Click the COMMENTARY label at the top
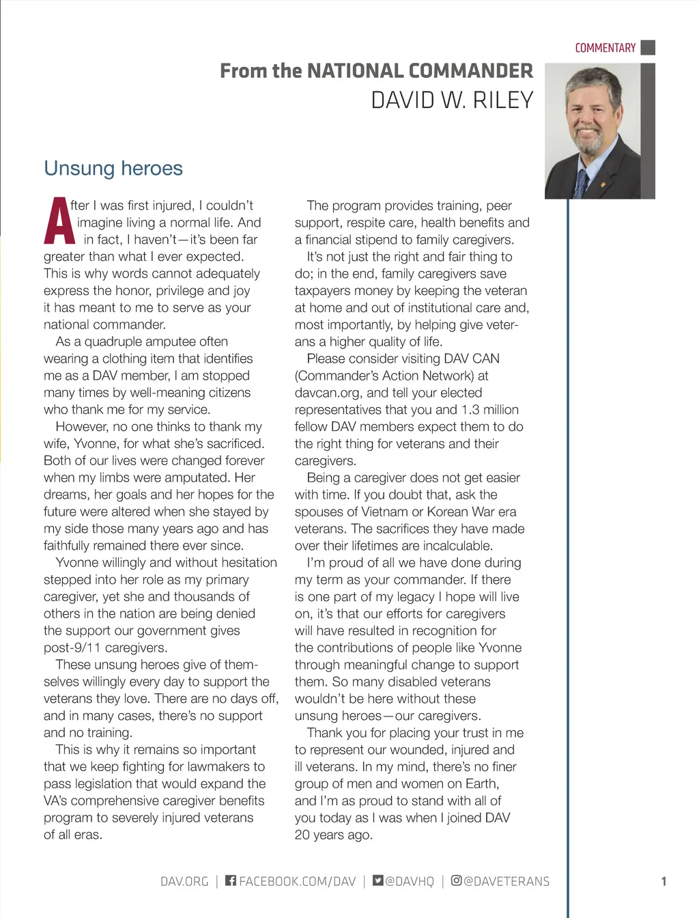coord(605,48)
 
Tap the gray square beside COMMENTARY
coord(648,47)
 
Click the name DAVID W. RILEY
coord(452,100)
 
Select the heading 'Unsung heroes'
coord(113,168)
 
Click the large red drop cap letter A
coord(59,221)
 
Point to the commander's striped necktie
coord(582,183)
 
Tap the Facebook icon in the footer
coord(231,880)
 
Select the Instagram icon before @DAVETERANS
coord(456,880)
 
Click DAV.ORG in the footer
coord(184,881)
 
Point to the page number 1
coord(664,881)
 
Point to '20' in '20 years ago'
coord(302,835)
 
